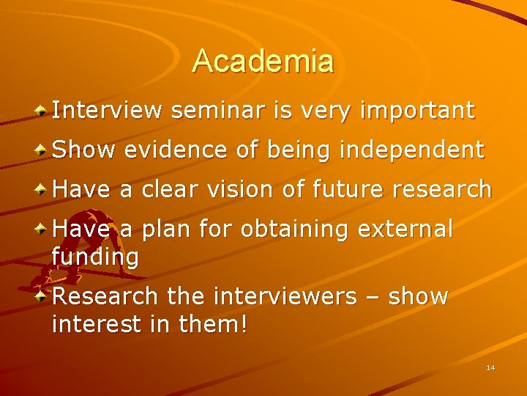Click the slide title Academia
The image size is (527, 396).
click(263, 61)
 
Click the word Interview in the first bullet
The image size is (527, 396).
click(107, 111)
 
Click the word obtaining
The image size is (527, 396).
click(296, 230)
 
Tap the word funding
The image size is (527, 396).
click(95, 257)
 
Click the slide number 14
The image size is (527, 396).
click(490, 367)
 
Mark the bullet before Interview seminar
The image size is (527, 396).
click(43, 111)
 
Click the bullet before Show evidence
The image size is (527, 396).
click(43, 150)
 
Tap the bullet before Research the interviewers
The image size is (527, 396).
click(43, 296)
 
